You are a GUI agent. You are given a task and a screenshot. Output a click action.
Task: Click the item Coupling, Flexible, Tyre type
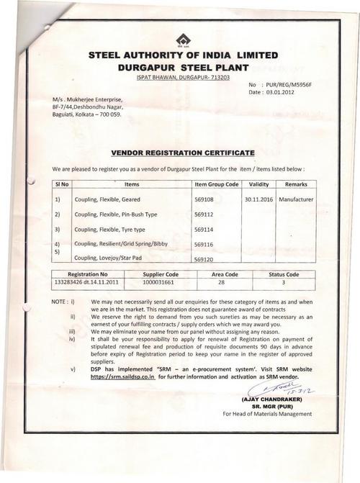coord(109,229)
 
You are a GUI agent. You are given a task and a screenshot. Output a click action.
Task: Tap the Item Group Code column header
coord(207,184)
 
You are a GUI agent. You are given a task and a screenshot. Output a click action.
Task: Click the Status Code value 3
coord(284,283)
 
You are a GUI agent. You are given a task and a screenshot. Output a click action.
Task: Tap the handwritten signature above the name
coord(278,391)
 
